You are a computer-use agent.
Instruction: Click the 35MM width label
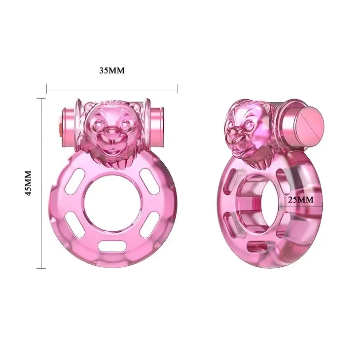pos(112,71)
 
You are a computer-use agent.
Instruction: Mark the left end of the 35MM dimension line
pos(47,89)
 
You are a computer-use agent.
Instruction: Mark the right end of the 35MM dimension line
pos(178,89)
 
